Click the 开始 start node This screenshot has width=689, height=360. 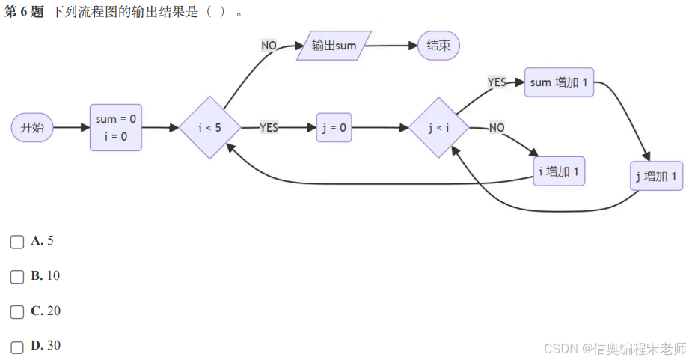[x=32, y=127]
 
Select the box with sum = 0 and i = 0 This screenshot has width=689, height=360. [x=116, y=127]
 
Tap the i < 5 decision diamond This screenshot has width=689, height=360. [x=209, y=127]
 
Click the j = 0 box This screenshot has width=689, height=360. [x=334, y=127]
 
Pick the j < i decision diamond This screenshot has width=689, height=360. [x=438, y=127]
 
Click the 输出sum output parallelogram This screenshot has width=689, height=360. [x=334, y=46]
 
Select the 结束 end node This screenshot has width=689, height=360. [x=438, y=46]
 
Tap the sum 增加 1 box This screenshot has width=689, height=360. [x=559, y=82]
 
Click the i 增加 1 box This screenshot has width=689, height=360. [x=559, y=172]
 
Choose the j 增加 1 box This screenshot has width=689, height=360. [x=656, y=177]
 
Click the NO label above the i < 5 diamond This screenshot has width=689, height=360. [x=269, y=46]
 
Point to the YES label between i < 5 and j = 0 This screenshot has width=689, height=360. [x=269, y=128]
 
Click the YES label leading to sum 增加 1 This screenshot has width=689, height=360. [x=497, y=82]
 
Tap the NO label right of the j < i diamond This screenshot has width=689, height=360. [x=497, y=128]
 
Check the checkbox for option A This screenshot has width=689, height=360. [x=17, y=242]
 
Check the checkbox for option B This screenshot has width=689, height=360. [x=17, y=277]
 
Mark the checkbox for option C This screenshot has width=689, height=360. [x=17, y=312]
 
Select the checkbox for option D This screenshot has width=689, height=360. [x=17, y=347]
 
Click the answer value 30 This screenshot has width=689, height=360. [x=54, y=346]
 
